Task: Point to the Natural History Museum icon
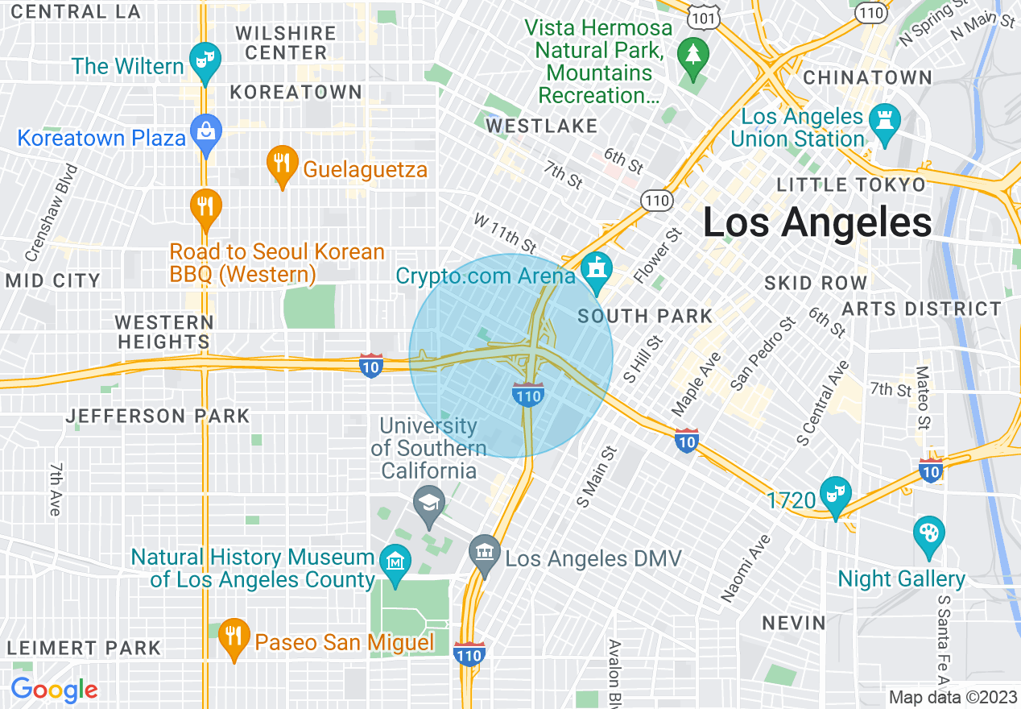(x=395, y=558)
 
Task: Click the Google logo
(x=54, y=690)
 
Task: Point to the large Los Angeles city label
(x=817, y=222)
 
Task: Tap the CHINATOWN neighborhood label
(x=868, y=78)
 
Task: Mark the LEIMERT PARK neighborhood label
(x=84, y=648)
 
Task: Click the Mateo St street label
(x=923, y=398)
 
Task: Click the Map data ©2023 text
(x=953, y=697)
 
